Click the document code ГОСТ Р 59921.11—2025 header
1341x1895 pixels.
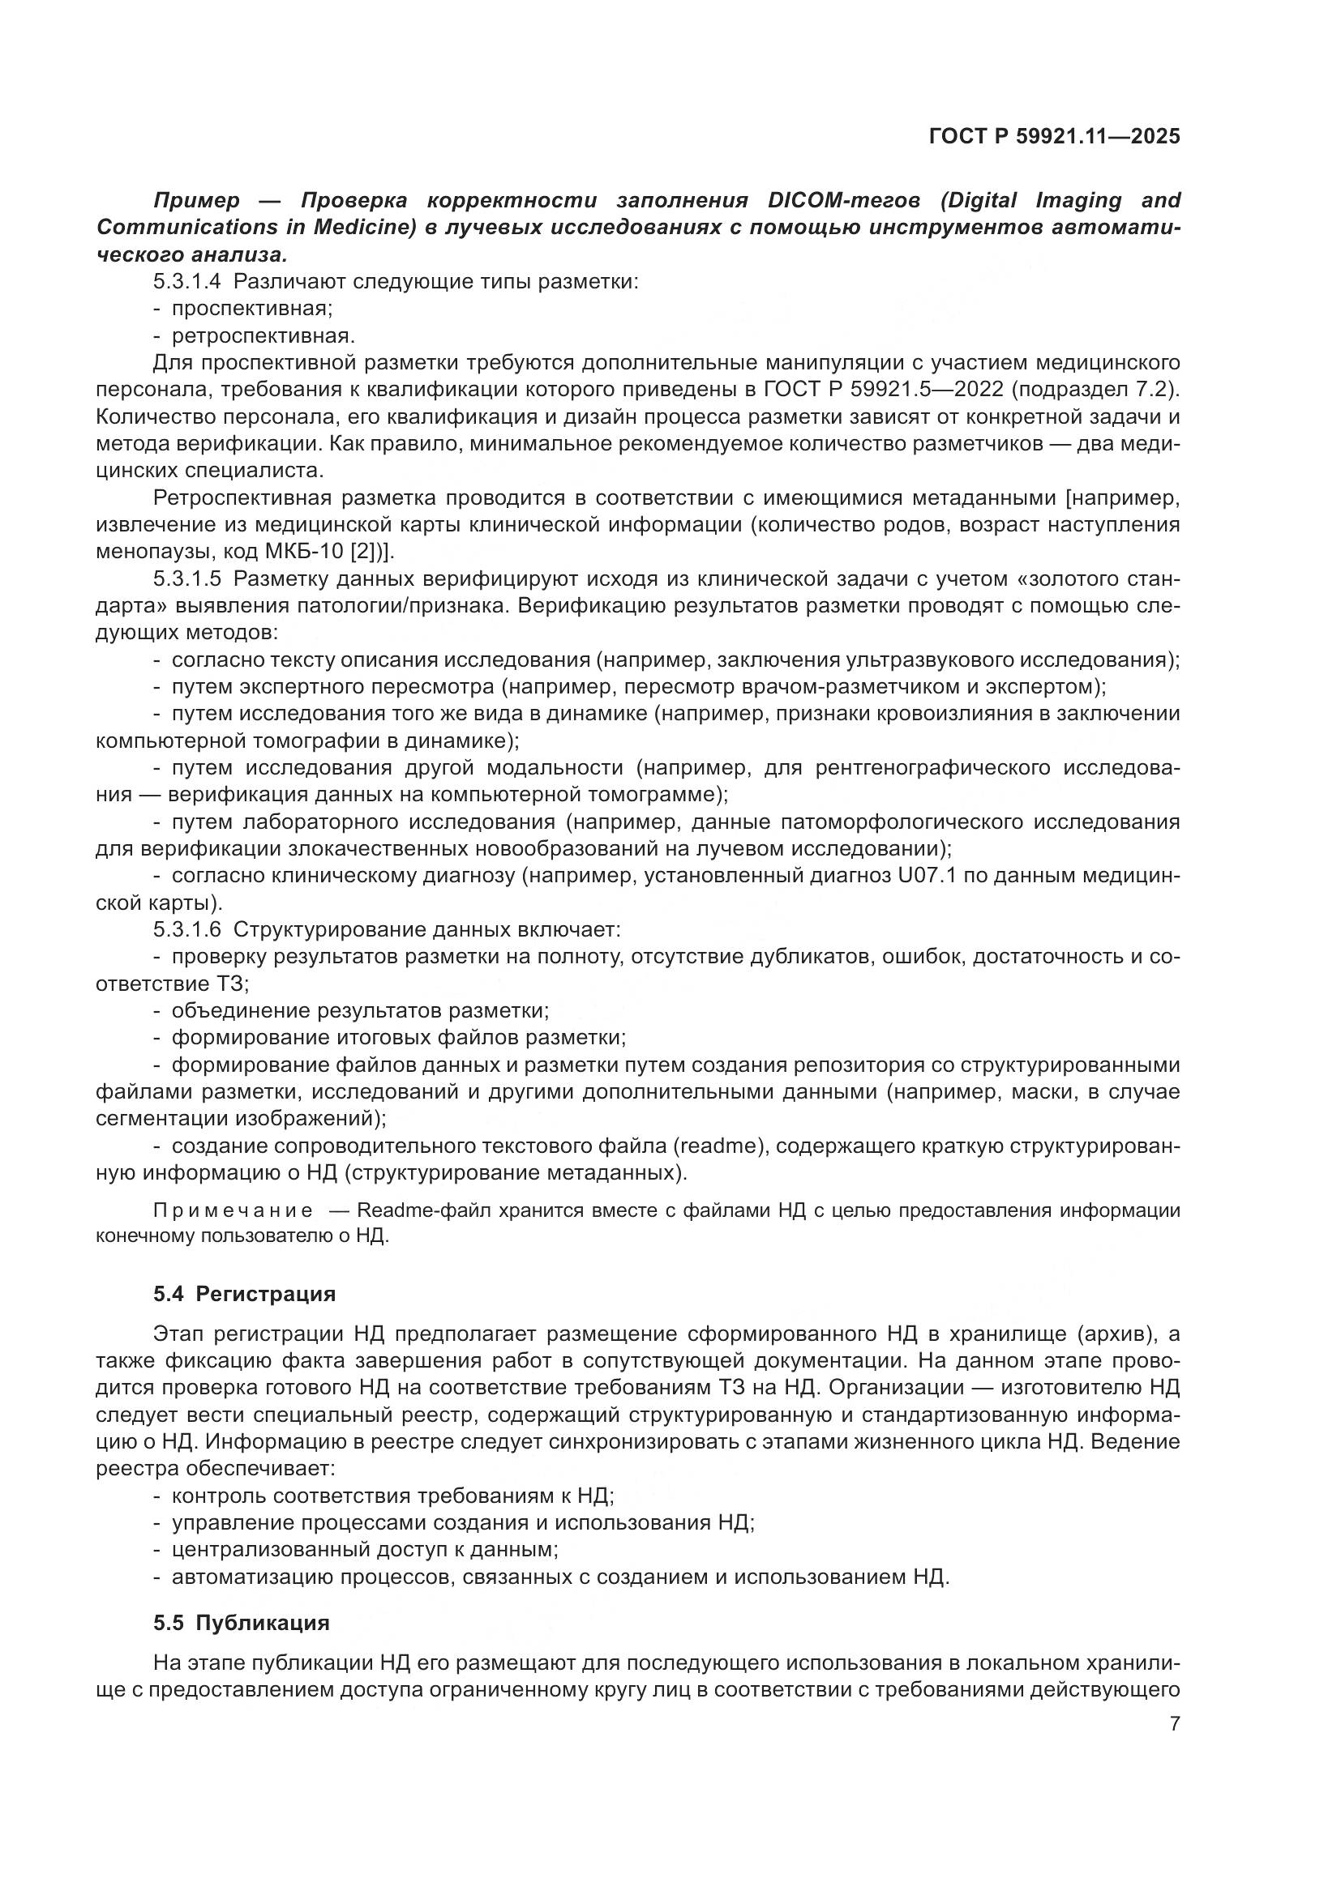(x=1055, y=136)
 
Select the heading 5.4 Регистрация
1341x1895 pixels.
(x=244, y=1293)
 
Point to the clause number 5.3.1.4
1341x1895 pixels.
(x=186, y=281)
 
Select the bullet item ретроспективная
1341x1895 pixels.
(x=263, y=336)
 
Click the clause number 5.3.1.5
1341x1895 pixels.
(x=186, y=578)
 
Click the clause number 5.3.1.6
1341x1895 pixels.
(x=186, y=929)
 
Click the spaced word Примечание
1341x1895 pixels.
(x=233, y=1210)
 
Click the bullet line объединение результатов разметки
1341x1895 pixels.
(x=360, y=1010)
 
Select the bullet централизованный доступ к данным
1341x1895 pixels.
(x=364, y=1549)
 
